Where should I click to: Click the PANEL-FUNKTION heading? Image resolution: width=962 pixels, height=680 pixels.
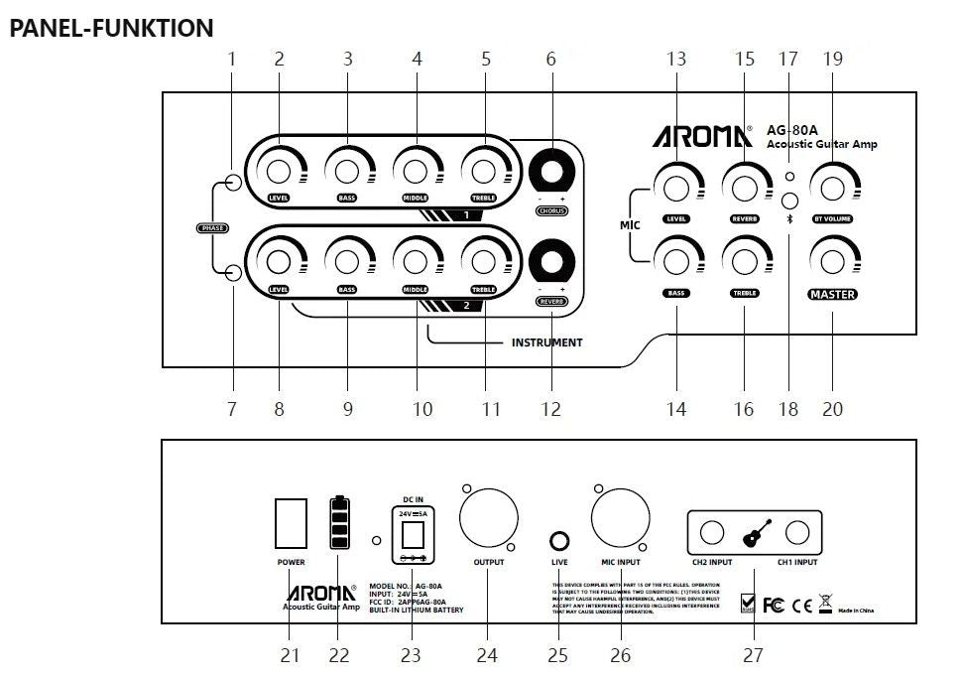pos(111,28)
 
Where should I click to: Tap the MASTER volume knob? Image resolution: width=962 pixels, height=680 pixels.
pos(832,260)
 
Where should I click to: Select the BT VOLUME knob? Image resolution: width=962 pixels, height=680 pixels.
pos(832,186)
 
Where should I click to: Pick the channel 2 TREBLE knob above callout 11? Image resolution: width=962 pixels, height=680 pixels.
pos(484,260)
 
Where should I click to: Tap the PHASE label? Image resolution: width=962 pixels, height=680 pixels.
pos(212,228)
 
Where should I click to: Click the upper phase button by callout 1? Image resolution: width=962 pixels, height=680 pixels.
pos(232,182)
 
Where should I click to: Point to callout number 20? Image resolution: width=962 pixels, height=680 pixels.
pos(832,408)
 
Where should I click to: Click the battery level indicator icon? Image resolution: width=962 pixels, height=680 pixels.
pos(340,522)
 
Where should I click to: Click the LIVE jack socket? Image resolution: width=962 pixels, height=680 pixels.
pos(559,541)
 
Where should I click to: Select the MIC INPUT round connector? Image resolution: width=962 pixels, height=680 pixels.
pos(619,522)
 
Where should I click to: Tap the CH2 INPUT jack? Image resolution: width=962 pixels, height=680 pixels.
pos(712,534)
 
